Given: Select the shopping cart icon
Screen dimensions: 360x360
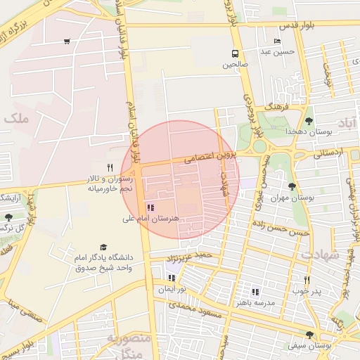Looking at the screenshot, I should [x=66, y=41].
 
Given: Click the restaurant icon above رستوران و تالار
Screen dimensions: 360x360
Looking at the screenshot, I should [x=109, y=168].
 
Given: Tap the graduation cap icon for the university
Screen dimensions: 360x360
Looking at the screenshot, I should [x=104, y=247].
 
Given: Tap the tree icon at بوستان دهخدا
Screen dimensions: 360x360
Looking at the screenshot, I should [x=309, y=121].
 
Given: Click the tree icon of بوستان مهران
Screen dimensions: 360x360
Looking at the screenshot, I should [x=291, y=186].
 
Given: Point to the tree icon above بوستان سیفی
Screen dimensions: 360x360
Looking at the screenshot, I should [x=309, y=335].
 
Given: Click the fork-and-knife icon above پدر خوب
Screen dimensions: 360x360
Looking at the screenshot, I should [x=307, y=279].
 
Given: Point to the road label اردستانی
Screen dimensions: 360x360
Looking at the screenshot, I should [x=324, y=152].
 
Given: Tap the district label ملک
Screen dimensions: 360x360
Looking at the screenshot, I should [x=16, y=119].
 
